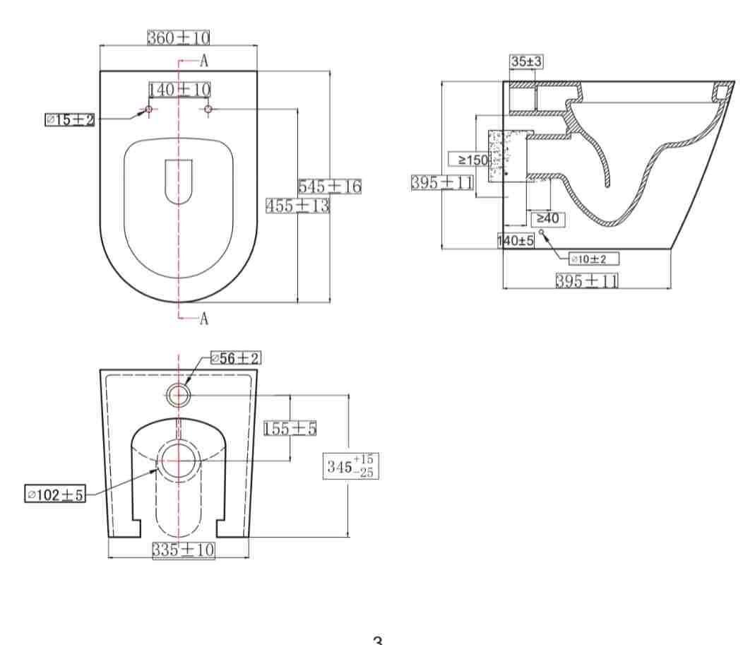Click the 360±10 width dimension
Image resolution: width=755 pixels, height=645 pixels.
(x=179, y=37)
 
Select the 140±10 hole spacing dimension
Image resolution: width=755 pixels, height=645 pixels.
(x=179, y=90)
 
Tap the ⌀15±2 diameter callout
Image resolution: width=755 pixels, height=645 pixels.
(x=70, y=120)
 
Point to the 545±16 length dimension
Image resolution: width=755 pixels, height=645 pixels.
(x=329, y=187)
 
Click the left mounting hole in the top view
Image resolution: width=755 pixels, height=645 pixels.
(x=148, y=109)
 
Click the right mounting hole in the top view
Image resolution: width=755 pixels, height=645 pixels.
(x=208, y=109)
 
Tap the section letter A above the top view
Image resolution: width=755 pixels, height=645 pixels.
(x=204, y=61)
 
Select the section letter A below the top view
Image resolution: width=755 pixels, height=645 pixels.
(x=204, y=319)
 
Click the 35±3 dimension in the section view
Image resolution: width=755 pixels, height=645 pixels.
(x=526, y=62)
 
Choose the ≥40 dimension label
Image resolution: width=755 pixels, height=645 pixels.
(x=547, y=219)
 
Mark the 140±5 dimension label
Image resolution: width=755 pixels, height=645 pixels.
(x=516, y=241)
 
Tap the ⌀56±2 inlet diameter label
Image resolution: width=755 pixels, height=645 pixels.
(x=236, y=358)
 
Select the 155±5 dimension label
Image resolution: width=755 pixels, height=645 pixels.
(x=290, y=428)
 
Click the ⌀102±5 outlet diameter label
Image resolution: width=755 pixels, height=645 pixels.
(x=54, y=495)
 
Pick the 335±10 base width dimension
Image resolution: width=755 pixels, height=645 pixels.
(x=184, y=549)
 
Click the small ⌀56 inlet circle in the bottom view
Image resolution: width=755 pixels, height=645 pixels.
(x=179, y=395)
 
